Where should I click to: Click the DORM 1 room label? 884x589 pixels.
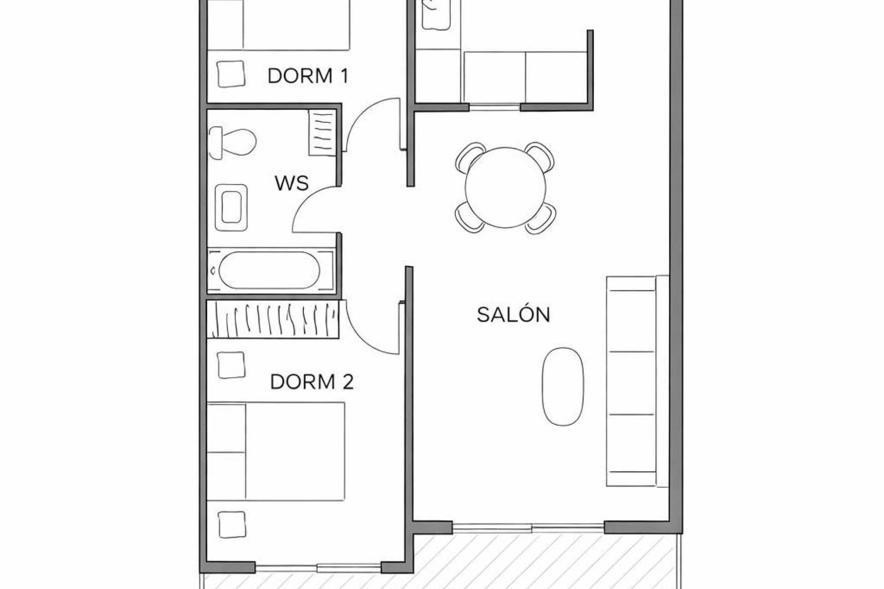[307, 76]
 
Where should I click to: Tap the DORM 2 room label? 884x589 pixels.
[312, 382]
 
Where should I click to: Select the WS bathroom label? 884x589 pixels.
[291, 184]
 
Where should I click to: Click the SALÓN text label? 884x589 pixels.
[513, 315]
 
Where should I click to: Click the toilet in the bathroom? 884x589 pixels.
[233, 141]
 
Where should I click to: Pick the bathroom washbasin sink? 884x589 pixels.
[232, 208]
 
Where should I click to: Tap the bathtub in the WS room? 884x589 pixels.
[269, 270]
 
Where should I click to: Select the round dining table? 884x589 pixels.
[505, 187]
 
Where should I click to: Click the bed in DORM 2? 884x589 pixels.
[276, 451]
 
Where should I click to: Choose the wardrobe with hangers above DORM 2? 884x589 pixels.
[273, 319]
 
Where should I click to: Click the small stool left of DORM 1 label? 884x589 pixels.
[231, 74]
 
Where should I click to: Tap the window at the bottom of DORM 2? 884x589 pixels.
[318, 567]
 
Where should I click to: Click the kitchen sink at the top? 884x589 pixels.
[436, 16]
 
